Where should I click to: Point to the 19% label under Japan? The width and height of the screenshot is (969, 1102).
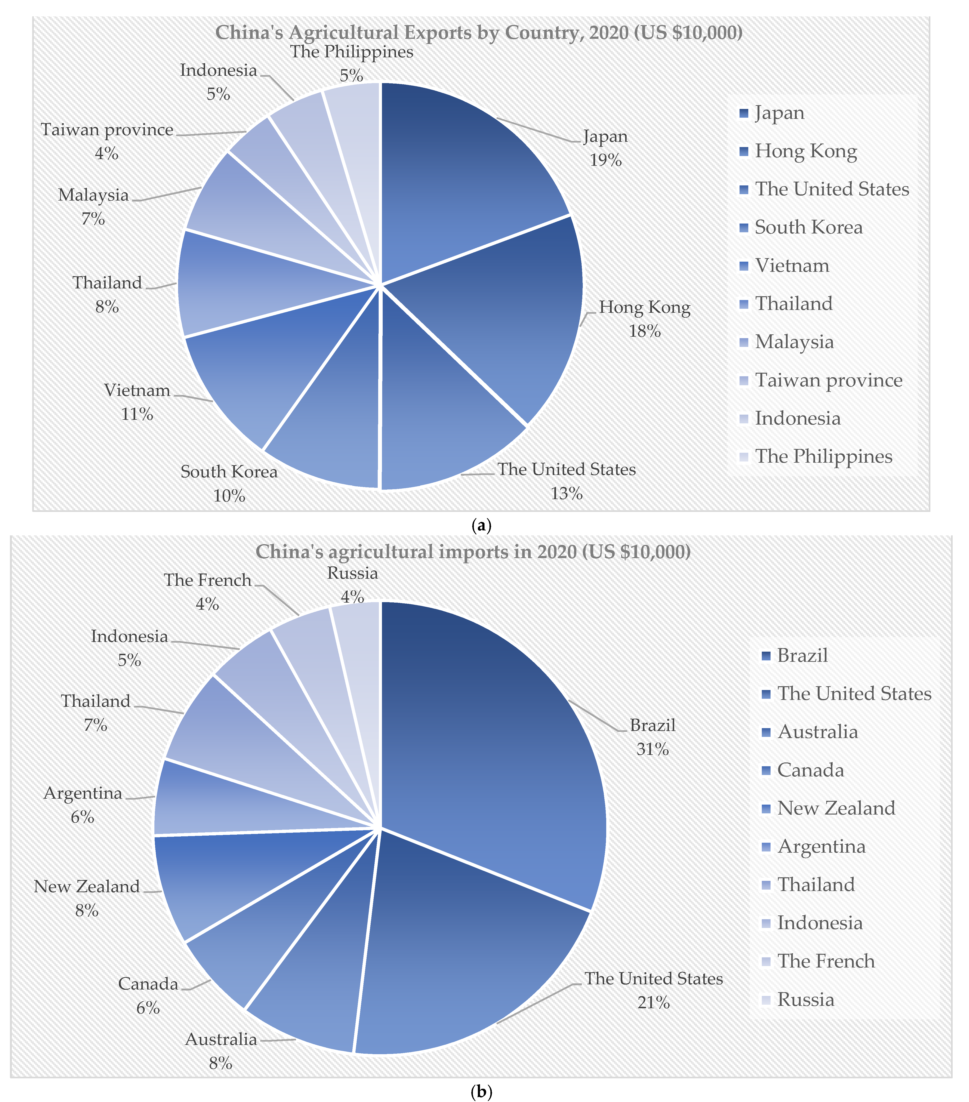pyautogui.click(x=605, y=160)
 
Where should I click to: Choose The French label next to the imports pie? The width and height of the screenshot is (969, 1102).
pyautogui.click(x=208, y=580)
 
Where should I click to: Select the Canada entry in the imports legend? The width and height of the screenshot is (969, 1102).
pyautogui.click(x=810, y=770)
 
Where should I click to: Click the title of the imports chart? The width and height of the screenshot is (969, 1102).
pyautogui.click(x=473, y=551)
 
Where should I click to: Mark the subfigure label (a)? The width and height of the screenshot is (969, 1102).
pyautogui.click(x=481, y=525)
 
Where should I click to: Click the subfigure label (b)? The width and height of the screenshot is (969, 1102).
pyautogui.click(x=481, y=1093)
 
